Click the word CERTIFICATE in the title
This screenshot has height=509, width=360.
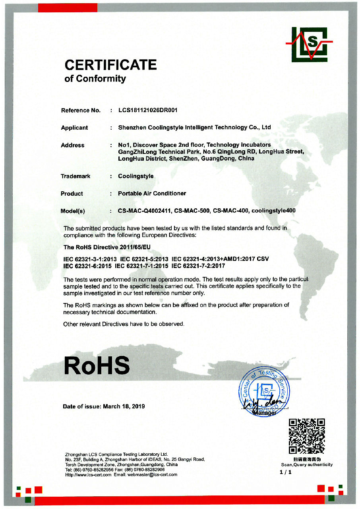(x=110, y=65)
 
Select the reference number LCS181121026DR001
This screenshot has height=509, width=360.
(x=148, y=110)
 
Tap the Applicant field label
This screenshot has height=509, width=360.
(x=74, y=128)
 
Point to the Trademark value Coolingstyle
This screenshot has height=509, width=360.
(x=135, y=176)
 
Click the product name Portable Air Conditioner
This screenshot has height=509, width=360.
(x=152, y=194)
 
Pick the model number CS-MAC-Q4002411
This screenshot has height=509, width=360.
(x=144, y=211)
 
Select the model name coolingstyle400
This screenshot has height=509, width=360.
(x=273, y=211)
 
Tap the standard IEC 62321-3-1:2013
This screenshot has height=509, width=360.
(x=90, y=259)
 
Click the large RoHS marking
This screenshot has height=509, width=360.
(x=97, y=365)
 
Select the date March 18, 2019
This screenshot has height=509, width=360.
(x=124, y=406)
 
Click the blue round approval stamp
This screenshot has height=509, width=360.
(x=264, y=391)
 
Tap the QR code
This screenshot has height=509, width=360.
(x=307, y=436)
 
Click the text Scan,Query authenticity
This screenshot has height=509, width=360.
(x=307, y=464)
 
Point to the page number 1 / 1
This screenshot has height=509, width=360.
(x=285, y=472)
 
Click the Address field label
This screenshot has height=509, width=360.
(x=73, y=145)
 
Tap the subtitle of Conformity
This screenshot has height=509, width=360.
(x=95, y=79)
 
